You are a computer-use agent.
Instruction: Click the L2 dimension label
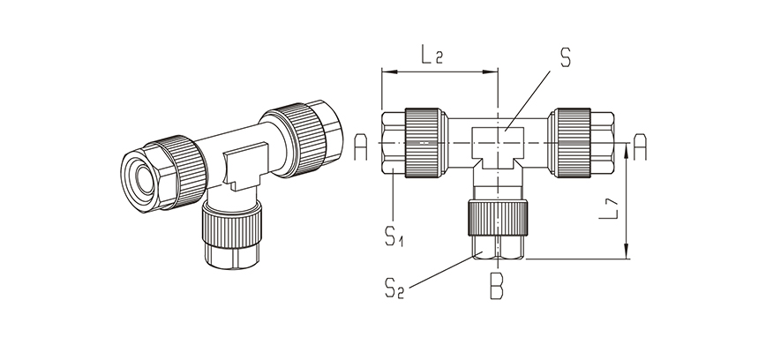pyautogui.click(x=432, y=55)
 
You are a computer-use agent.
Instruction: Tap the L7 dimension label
pyautogui.click(x=609, y=209)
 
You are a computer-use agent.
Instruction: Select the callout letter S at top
pyautogui.click(x=565, y=57)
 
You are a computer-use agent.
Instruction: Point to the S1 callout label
pyautogui.click(x=394, y=237)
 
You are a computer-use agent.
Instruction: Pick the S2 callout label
pyautogui.click(x=394, y=289)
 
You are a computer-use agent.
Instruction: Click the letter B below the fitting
pyautogui.click(x=496, y=289)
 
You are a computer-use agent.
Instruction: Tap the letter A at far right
pyautogui.click(x=640, y=147)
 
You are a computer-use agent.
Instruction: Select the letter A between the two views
pyautogui.click(x=361, y=147)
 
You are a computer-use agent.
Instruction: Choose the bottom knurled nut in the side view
pyautogui.click(x=498, y=218)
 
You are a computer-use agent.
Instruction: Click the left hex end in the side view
pyautogui.click(x=394, y=143)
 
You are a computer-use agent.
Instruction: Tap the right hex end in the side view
pyautogui.click(x=603, y=143)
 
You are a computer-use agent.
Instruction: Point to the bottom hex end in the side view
pyautogui.click(x=498, y=247)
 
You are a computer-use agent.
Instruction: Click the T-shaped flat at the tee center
pyautogui.click(x=498, y=147)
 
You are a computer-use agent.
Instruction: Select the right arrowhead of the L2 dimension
pyautogui.click(x=491, y=71)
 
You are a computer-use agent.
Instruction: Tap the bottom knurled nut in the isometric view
pyautogui.click(x=232, y=227)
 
